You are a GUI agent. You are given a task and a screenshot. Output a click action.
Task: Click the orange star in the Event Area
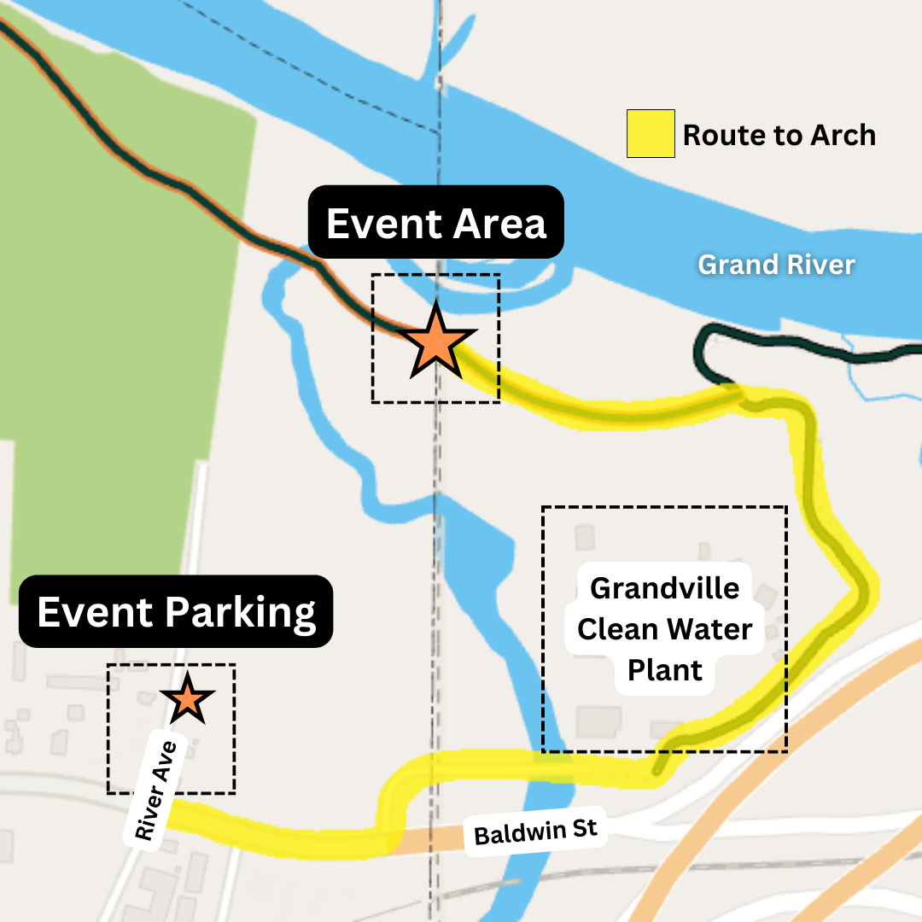coord(435,343)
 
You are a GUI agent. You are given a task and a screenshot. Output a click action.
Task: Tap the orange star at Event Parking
coord(188,700)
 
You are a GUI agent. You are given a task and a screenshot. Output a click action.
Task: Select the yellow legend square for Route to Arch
coord(651,134)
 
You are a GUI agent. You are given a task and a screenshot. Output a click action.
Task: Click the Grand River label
coord(776,265)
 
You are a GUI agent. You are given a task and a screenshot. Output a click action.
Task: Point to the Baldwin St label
coord(535,830)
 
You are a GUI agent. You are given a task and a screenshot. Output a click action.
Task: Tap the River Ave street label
coord(155,791)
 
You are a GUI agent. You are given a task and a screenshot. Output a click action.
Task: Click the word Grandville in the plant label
coord(665,588)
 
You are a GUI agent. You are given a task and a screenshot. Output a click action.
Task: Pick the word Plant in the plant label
coord(665,670)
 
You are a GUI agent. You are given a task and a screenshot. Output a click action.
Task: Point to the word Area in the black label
coord(499,224)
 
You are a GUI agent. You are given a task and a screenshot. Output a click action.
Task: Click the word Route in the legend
coord(725,135)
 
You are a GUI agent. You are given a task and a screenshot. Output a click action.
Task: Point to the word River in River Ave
coord(149,811)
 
